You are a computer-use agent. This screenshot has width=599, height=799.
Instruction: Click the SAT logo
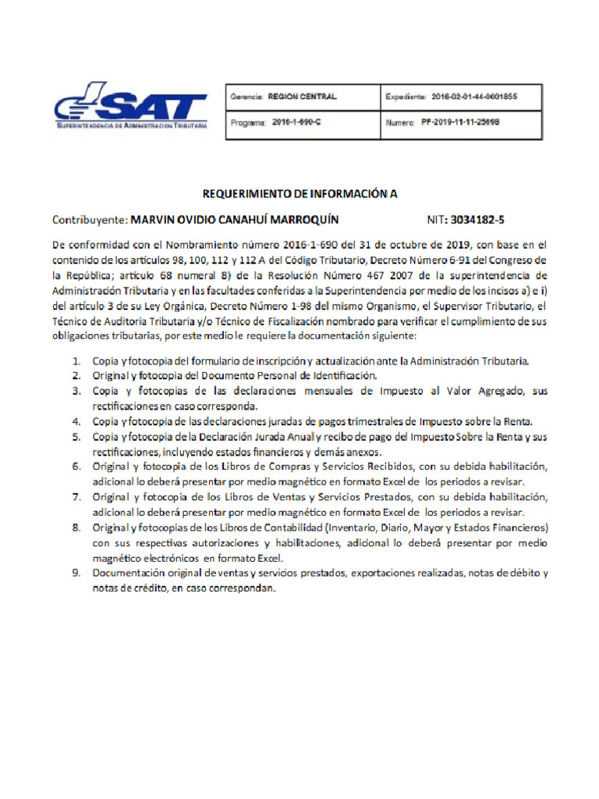tap(130, 105)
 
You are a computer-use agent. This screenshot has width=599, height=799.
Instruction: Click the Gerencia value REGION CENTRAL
tap(302, 97)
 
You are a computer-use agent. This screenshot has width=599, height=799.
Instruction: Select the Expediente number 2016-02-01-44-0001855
tap(473, 97)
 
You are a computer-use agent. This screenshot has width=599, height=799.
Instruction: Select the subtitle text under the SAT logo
tap(131, 126)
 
